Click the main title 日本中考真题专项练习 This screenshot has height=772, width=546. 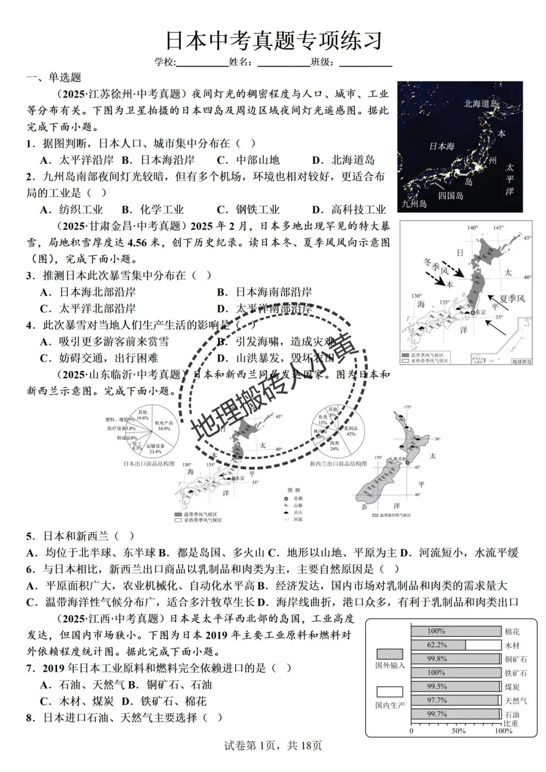(x=274, y=41)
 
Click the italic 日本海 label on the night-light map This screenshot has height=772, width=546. (x=441, y=146)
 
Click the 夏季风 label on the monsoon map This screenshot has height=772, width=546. (x=512, y=298)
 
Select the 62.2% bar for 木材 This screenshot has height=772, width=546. (x=438, y=645)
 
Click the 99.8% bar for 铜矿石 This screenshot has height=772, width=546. (x=455, y=659)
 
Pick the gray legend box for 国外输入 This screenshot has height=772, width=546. (x=389, y=654)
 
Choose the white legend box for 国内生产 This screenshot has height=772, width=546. (x=389, y=692)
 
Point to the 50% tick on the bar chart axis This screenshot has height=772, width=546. (x=458, y=731)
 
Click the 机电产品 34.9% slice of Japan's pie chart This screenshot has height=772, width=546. (x=163, y=426)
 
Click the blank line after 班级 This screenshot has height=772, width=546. (x=366, y=63)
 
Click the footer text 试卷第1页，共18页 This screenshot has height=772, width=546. (x=272, y=745)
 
